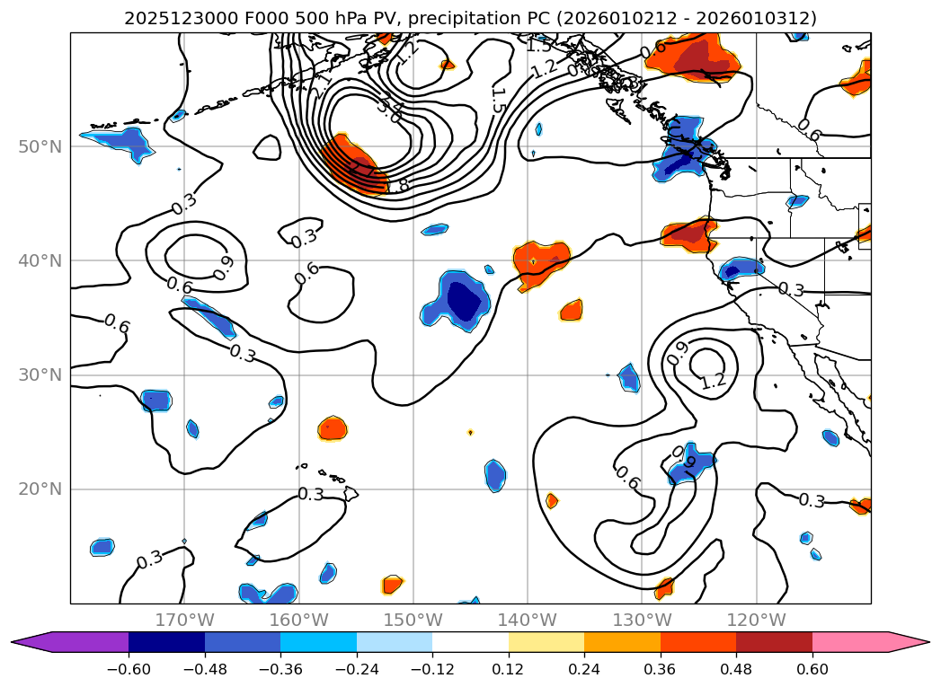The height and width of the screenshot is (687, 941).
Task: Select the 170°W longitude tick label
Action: [184, 620]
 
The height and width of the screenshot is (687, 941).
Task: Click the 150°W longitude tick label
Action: [413, 620]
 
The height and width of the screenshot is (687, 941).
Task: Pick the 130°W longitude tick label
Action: [642, 620]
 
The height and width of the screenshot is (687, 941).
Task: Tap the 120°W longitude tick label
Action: [756, 620]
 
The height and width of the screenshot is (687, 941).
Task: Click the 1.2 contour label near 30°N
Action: [714, 381]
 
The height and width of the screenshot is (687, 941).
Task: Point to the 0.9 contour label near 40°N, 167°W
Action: [220, 267]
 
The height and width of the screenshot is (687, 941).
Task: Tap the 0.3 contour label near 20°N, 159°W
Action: [311, 494]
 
